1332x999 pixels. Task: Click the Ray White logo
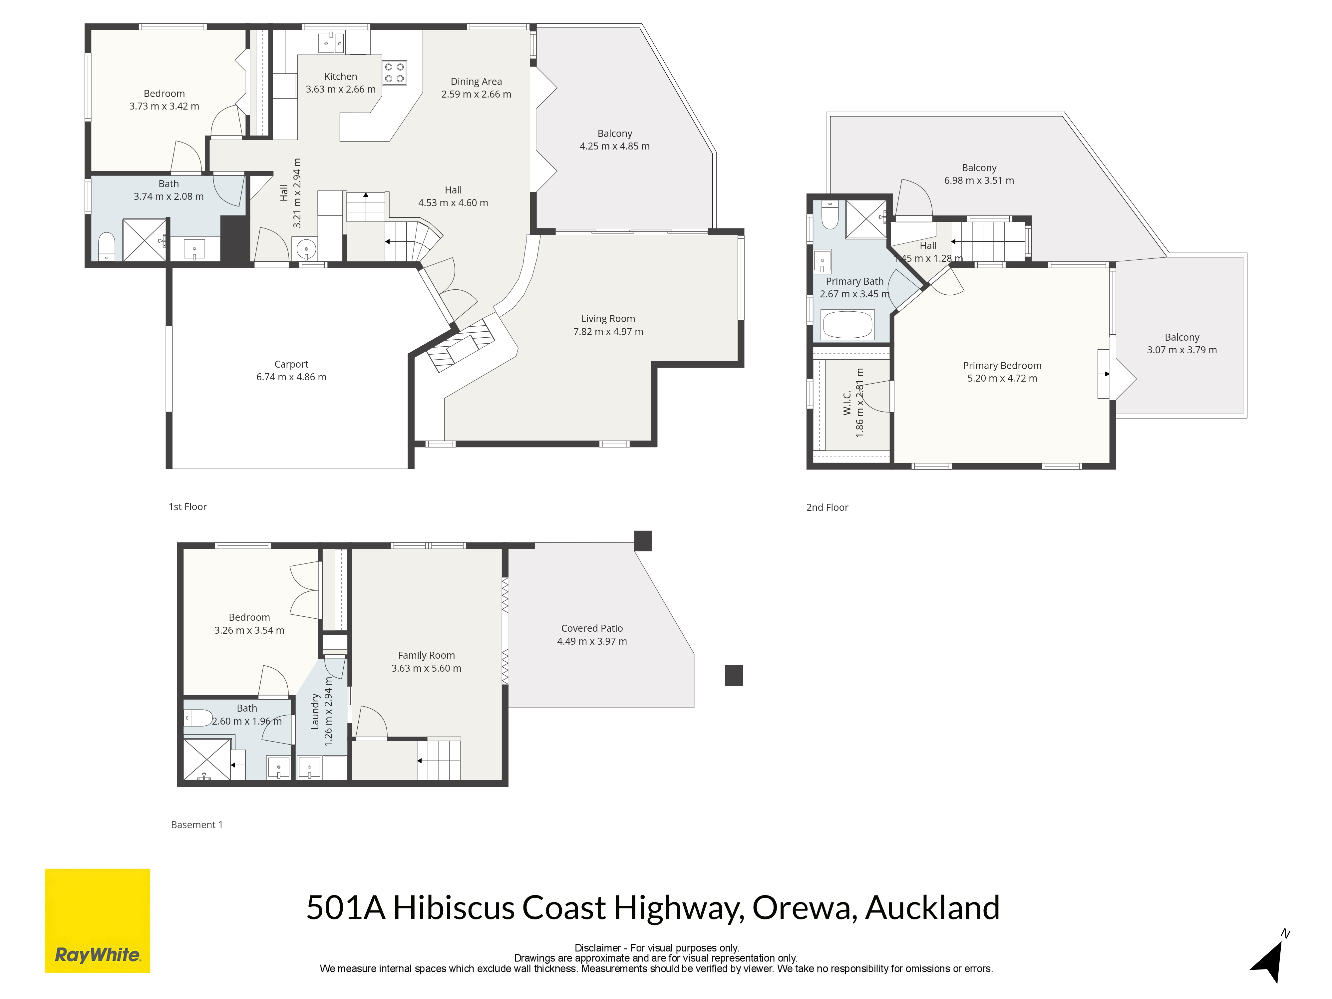[98, 920]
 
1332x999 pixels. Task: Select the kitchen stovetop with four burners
[394, 73]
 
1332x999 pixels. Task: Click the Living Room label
[608, 319]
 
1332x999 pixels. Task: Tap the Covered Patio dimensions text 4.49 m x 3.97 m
[592, 641]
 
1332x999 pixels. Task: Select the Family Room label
[426, 655]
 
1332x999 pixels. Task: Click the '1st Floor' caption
[187, 507]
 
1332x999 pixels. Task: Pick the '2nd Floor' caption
[828, 507]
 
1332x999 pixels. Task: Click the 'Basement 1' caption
[197, 825]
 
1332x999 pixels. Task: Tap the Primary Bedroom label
[1002, 366]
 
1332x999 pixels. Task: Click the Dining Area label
[476, 81]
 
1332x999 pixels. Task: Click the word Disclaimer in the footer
[597, 948]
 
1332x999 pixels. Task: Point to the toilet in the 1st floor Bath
[107, 246]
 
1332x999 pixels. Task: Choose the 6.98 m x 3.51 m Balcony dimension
[979, 180]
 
